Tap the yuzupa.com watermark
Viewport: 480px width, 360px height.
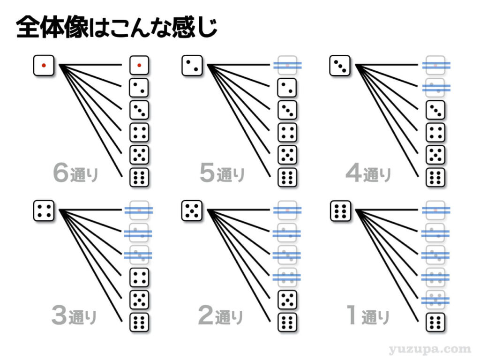429,349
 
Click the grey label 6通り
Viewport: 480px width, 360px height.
75,174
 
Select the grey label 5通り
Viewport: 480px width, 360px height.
222,174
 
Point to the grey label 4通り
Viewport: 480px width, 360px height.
368,174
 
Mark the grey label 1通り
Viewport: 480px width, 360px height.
367,316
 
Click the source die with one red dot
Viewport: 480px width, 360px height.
44,65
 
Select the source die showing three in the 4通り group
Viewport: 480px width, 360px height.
339,65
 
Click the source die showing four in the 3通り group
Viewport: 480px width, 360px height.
44,210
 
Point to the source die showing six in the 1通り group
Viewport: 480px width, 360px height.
339,210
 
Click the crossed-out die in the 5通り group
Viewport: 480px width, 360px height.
287,65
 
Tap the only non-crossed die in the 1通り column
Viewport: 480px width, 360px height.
435,322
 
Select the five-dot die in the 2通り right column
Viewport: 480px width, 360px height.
287,300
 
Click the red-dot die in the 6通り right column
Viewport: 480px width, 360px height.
139,65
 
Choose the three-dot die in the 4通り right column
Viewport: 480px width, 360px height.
435,110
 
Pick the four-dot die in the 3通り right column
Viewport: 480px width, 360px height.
139,277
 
